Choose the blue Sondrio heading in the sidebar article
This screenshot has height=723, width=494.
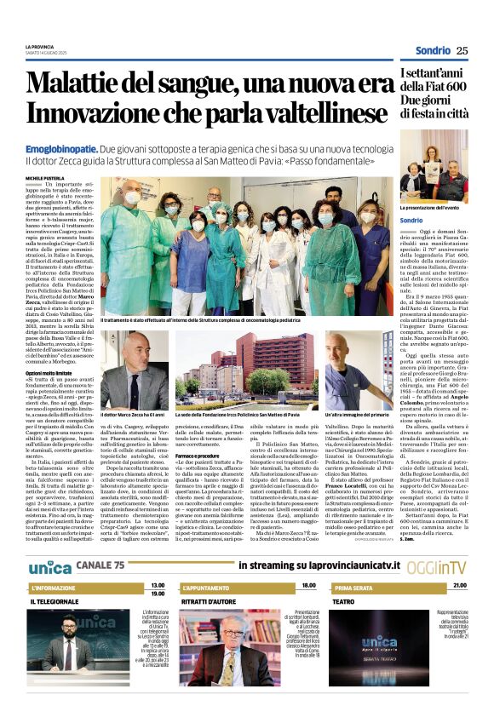(x=411, y=221)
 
